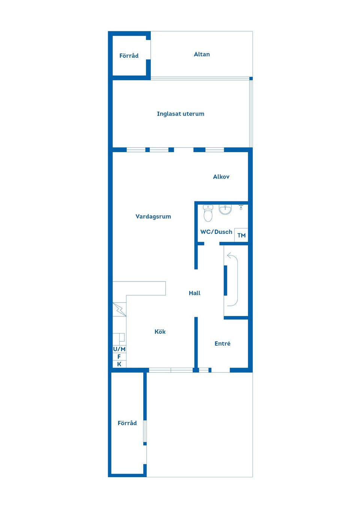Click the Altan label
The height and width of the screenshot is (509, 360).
coord(202,54)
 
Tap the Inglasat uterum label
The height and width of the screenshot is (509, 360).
coord(180,114)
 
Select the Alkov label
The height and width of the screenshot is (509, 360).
coord(221,177)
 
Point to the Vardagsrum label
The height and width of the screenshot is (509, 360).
coord(153,217)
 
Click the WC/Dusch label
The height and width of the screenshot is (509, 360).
coord(216,232)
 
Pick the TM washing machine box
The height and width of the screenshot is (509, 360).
coord(241,235)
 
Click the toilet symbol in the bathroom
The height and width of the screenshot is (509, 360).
coord(208,213)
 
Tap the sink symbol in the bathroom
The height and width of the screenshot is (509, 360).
coord(225,209)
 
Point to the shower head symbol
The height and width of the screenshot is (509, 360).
coord(241,207)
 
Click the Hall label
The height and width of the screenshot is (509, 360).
coord(195,293)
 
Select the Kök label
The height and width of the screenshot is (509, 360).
coord(160,332)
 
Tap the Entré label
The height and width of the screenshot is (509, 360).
coord(222,343)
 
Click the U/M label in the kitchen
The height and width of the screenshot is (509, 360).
coord(119,349)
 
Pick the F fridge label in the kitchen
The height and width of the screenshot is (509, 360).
coord(119,357)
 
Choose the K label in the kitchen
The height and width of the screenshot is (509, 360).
coord(119,364)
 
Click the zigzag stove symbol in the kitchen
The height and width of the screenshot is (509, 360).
coord(120,309)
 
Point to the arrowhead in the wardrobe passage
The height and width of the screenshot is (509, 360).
coord(229,255)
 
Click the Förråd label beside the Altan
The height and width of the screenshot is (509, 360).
coord(129,56)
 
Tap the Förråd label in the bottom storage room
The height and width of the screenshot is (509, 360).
coord(127,423)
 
